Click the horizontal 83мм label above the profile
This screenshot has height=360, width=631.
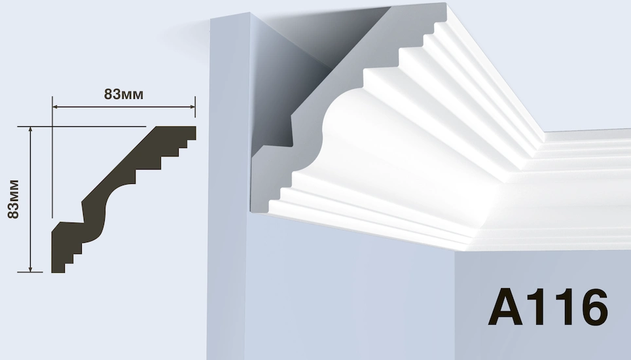coord(124,94)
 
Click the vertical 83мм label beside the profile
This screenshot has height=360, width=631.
coord(13,199)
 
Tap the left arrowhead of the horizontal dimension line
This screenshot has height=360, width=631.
coord(56,107)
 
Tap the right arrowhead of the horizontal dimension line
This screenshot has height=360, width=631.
coord(192,107)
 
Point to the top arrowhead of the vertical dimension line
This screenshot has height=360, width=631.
coord(30,130)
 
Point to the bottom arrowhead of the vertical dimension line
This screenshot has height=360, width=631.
coord(30,269)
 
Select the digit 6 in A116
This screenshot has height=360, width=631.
coord(591,306)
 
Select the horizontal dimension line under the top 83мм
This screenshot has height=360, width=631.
coord(124,107)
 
